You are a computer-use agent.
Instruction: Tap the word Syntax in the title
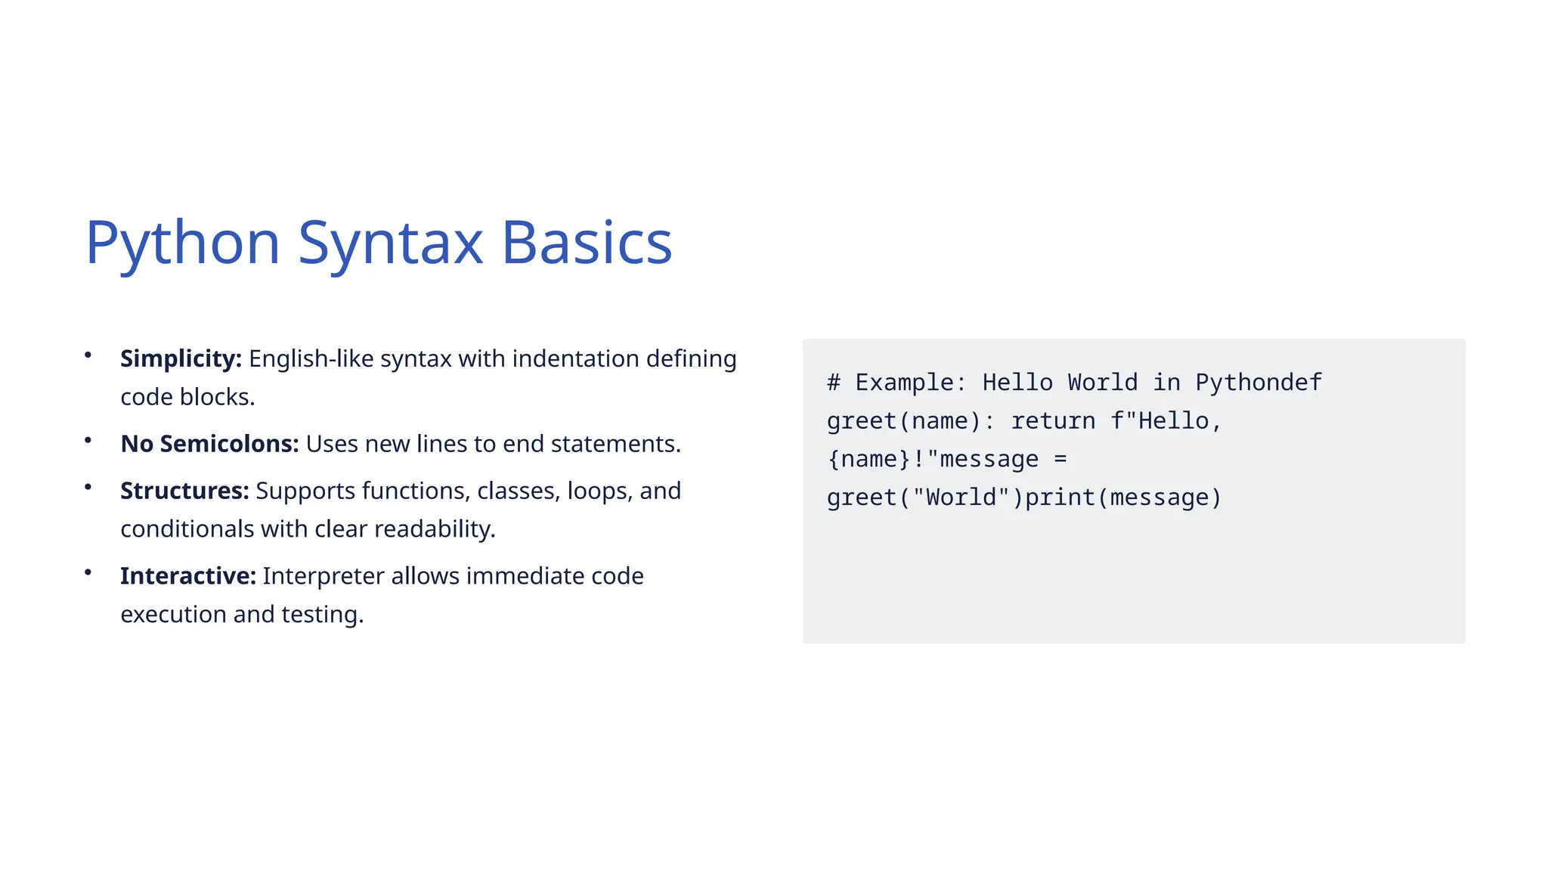(x=390, y=243)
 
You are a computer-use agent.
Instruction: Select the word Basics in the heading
(x=587, y=243)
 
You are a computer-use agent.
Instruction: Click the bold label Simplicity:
(x=181, y=358)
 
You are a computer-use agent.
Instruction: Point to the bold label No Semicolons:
(x=209, y=444)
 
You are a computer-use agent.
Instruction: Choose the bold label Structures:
(x=184, y=491)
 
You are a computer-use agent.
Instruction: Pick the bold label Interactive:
(x=188, y=576)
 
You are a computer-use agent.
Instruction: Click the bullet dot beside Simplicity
(x=88, y=355)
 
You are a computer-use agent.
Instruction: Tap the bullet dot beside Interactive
(x=88, y=572)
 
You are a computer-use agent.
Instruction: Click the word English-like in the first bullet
(x=311, y=358)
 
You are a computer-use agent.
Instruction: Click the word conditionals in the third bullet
(x=187, y=529)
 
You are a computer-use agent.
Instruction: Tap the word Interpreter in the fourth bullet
(x=324, y=576)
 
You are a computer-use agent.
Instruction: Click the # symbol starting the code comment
(x=834, y=383)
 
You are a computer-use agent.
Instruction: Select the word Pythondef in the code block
(x=1259, y=383)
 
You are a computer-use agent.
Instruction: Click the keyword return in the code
(x=1053, y=421)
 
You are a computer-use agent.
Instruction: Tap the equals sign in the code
(x=1060, y=460)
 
